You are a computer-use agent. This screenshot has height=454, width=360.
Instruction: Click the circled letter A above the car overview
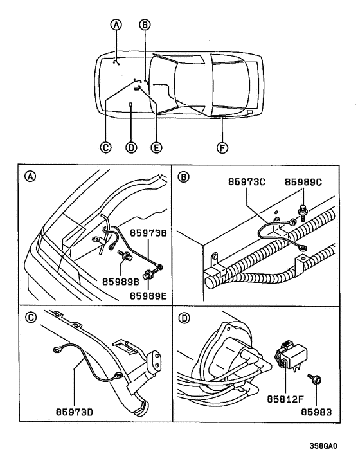pyautogui.click(x=116, y=25)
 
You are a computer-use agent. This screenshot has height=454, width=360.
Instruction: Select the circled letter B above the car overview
pyautogui.click(x=145, y=25)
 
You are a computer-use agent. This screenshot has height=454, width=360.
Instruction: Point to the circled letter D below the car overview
pyautogui.click(x=130, y=147)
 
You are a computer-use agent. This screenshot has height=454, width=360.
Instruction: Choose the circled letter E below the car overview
pyautogui.click(x=155, y=147)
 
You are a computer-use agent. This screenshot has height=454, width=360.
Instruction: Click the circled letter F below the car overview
pyautogui.click(x=221, y=147)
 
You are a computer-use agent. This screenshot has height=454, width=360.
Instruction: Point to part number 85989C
pyautogui.click(x=303, y=181)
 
